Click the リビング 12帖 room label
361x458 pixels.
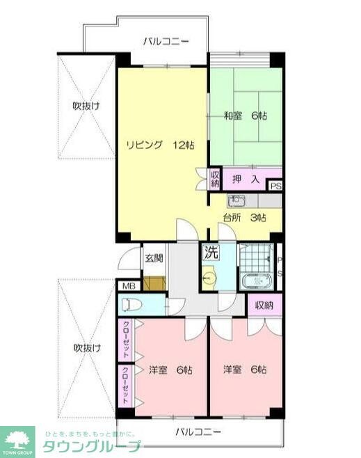tap(159, 145)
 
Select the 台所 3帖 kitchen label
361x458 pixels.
tap(244, 217)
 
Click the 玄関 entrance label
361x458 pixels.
tap(154, 258)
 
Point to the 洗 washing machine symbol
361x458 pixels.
tap(209, 253)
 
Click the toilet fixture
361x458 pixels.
tap(132, 304)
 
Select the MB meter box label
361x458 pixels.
tap(129, 286)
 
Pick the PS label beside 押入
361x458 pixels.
tap(276, 186)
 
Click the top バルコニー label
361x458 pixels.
tap(166, 42)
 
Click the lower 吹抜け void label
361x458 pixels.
tap(86, 348)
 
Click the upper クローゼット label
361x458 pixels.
tap(126, 340)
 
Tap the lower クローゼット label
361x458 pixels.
tap(126, 386)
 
